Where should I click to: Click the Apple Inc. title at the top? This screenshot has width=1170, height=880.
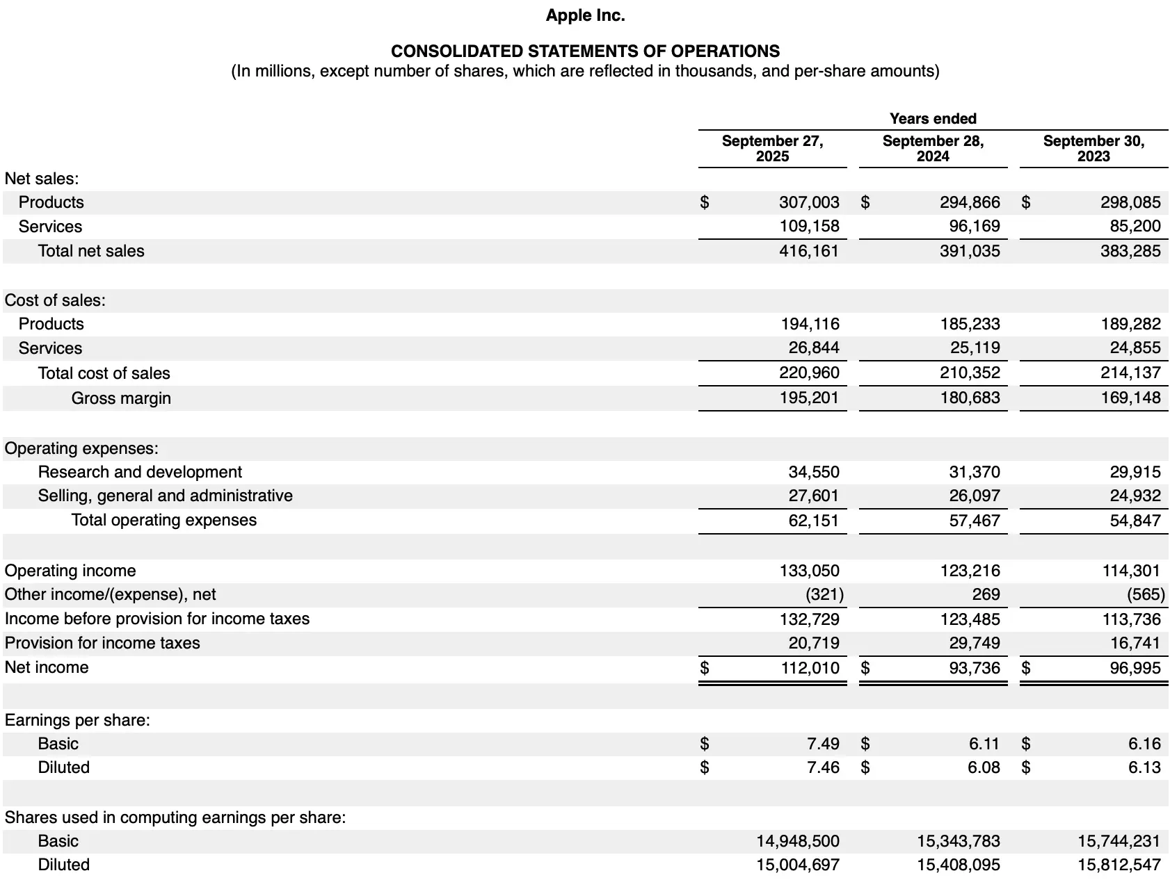(585, 15)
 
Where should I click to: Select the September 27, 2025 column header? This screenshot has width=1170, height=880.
(772, 149)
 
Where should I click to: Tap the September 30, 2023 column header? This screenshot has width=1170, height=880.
(1093, 149)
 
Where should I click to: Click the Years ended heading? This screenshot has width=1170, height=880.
(933, 119)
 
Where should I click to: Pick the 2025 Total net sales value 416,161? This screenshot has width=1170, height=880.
(809, 251)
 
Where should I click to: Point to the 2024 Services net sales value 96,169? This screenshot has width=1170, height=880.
(975, 227)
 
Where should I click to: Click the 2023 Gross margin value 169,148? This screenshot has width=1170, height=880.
(1130, 398)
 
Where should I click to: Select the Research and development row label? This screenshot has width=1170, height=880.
(140, 472)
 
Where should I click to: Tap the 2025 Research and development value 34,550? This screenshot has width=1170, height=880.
(814, 472)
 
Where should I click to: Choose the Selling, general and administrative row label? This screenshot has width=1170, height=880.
(165, 496)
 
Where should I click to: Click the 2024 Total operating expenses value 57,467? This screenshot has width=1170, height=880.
(975, 521)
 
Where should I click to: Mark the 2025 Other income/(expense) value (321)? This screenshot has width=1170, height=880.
(824, 594)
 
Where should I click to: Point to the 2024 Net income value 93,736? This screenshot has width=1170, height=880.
(975, 668)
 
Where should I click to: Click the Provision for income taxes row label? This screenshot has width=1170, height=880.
(102, 643)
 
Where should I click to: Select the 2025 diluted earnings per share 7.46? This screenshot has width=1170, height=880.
(823, 767)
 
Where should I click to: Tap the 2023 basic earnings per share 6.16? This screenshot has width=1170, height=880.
(1144, 744)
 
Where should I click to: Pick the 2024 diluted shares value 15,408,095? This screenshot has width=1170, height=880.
(959, 865)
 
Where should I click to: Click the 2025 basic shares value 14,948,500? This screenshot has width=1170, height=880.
(798, 841)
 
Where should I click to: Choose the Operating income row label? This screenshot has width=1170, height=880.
(70, 571)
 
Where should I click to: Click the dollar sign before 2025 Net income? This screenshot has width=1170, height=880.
(705, 668)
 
